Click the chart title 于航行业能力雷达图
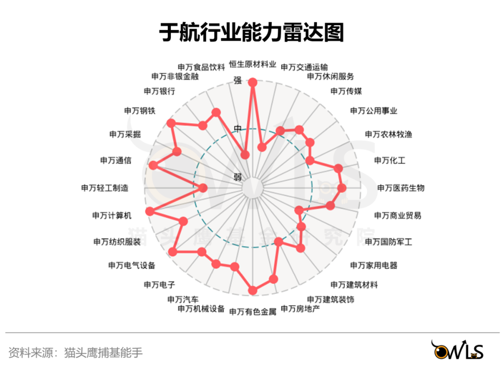point(251,33)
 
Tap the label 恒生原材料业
point(253,65)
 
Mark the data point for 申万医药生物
point(342,188)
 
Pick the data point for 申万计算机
point(150,211)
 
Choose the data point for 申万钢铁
point(171,123)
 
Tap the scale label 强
point(238,80)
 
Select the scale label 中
point(238,129)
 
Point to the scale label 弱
point(238,177)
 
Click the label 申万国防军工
point(388,242)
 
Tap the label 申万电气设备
point(132,265)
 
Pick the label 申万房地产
point(300,309)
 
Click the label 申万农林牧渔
point(388,134)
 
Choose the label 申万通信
point(116,160)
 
